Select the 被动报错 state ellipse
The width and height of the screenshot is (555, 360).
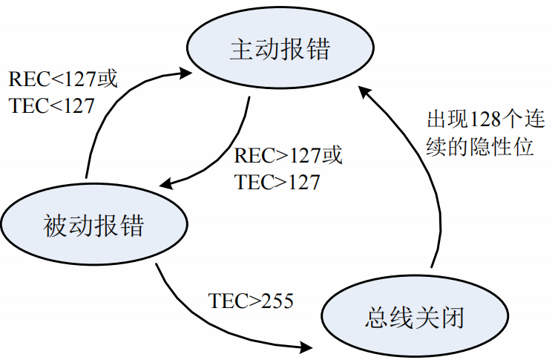[x=93, y=223]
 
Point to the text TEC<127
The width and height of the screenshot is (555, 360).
[x=52, y=106]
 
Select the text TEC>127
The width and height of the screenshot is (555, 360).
[x=277, y=182]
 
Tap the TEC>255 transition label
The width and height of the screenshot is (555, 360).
[x=251, y=301]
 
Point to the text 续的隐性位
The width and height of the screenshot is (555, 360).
[x=480, y=147]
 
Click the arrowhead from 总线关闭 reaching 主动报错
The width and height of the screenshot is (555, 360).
[x=363, y=91]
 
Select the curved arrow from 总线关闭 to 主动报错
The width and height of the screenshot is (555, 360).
[x=416, y=171]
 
